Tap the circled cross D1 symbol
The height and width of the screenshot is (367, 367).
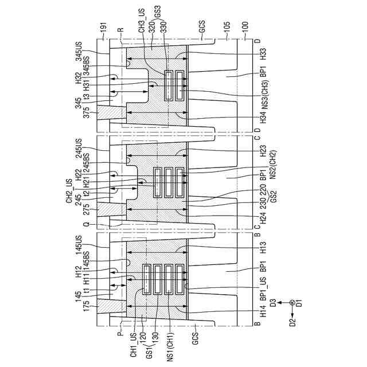292,302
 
